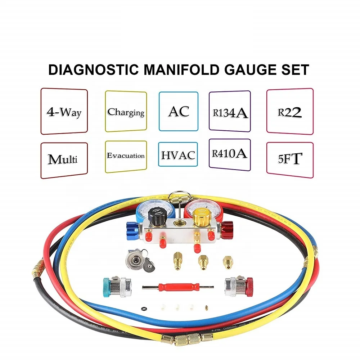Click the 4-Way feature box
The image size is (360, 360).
pos(64,112)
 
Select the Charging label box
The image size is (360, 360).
pos(126,112)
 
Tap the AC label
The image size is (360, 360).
pos(179,111)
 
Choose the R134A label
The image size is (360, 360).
pos(230,112)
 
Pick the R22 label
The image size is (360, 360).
pos(289,112)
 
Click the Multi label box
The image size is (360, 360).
pos(64,159)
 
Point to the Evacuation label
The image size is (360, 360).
pos(126,156)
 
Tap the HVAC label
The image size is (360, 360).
pos(178,155)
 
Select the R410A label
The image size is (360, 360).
pos(230,154)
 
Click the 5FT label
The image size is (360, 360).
pos(289,159)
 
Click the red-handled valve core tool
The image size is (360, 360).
pos(179,288)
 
